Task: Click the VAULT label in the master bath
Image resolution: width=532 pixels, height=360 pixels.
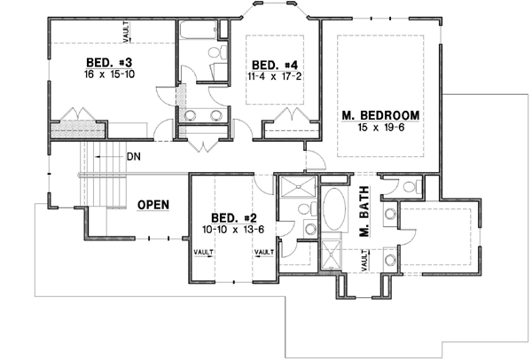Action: point(364,260)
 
